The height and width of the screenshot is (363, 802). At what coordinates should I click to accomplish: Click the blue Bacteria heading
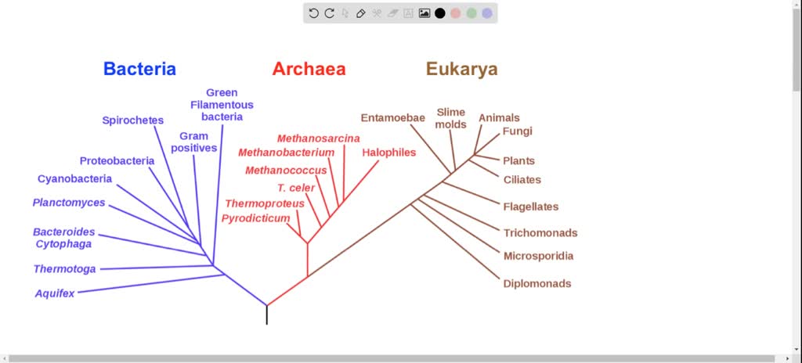[x=139, y=69]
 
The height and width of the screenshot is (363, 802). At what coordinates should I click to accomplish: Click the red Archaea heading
[x=309, y=69]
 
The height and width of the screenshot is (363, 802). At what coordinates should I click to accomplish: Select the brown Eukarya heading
[x=461, y=69]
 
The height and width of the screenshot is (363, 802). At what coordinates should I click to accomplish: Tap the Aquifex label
[x=55, y=293]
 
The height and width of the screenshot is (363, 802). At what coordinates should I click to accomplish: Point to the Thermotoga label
[x=64, y=269]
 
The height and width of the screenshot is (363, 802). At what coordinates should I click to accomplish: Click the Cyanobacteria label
[x=74, y=178]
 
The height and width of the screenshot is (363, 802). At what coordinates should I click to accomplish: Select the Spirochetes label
[x=132, y=120]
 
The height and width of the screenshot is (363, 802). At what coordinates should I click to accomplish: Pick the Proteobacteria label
[x=117, y=161]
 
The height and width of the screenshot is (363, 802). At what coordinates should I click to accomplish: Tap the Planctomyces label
[x=69, y=203]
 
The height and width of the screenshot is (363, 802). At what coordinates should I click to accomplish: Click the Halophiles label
[x=388, y=152]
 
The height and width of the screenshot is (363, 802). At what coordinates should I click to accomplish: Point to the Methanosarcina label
[x=319, y=138]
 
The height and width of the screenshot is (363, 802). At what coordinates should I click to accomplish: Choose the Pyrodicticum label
[x=255, y=218]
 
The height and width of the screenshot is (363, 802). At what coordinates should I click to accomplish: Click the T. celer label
[x=296, y=188]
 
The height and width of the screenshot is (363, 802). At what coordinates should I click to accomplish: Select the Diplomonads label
[x=537, y=283]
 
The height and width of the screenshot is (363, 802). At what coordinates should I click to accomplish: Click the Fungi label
[x=517, y=131]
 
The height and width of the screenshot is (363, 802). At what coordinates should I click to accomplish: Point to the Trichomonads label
[x=540, y=232]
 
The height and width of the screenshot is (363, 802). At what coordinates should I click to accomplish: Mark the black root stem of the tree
[x=267, y=314]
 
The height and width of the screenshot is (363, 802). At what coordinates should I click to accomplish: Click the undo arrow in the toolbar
[x=313, y=13]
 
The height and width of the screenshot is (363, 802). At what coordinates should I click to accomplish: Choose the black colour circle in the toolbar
[x=440, y=13]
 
